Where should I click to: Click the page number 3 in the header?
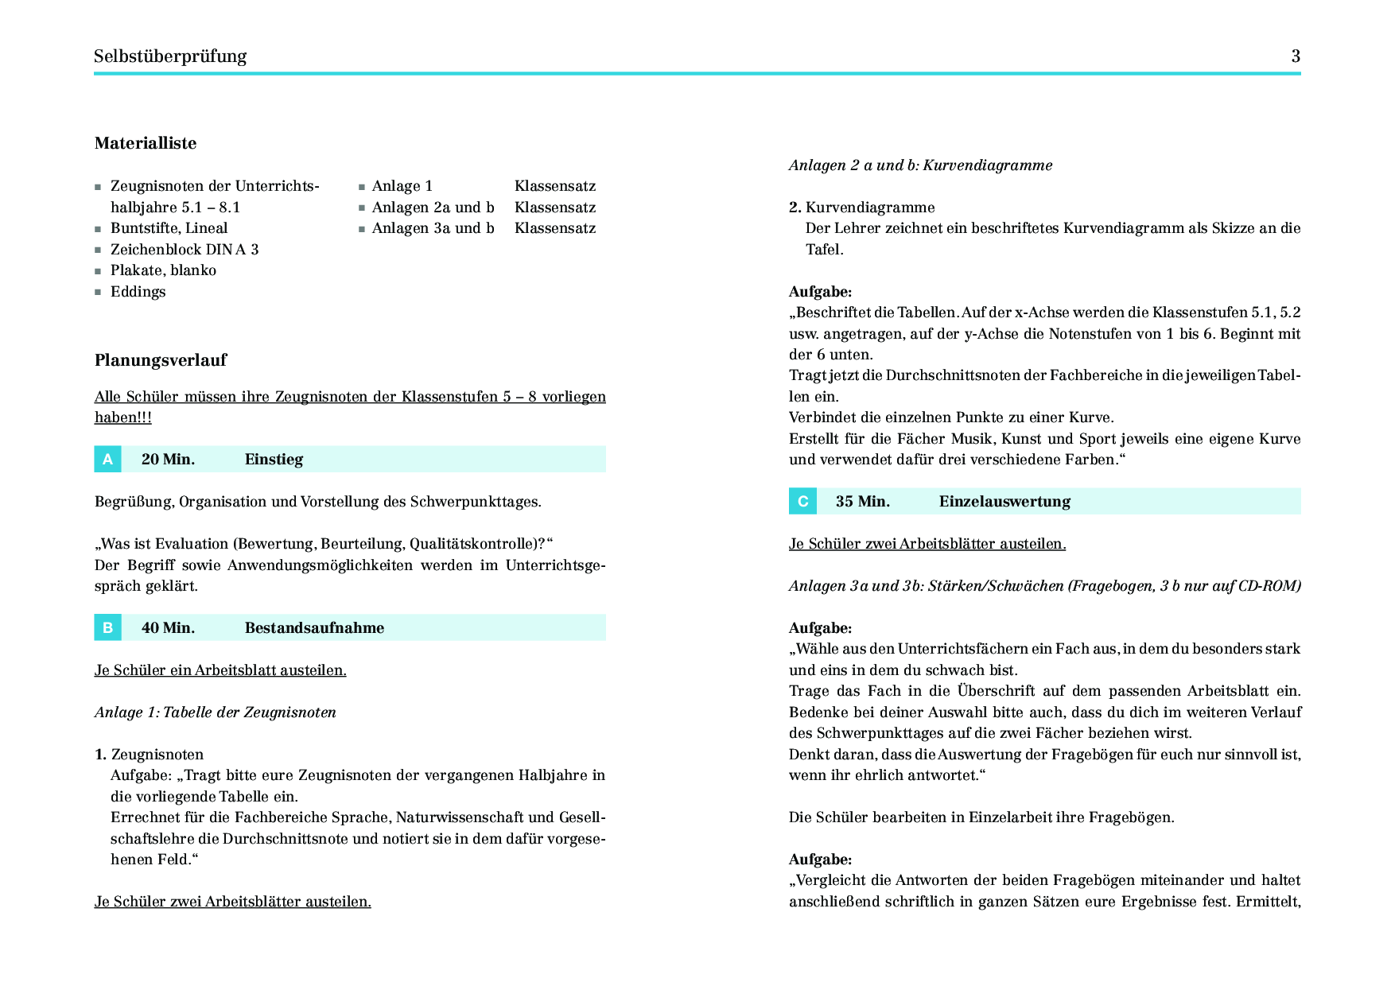[1296, 56]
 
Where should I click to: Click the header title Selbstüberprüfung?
[170, 56]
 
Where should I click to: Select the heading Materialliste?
[146, 143]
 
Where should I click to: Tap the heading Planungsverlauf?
[161, 360]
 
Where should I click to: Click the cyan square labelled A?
[107, 459]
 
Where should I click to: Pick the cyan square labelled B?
[107, 627]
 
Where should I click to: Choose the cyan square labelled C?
[802, 501]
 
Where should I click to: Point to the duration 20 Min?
[168, 459]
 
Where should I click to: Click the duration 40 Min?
[168, 627]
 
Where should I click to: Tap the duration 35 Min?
[862, 501]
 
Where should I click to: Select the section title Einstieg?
[274, 459]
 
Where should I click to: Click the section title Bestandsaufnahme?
[314, 627]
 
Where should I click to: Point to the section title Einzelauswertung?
[1004, 501]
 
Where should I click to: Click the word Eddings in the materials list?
[138, 292]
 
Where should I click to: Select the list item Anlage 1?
[402, 186]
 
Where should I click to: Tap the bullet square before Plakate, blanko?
[98, 271]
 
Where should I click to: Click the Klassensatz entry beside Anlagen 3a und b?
[555, 228]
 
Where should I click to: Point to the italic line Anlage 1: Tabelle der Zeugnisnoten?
[216, 712]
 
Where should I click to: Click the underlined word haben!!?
[123, 417]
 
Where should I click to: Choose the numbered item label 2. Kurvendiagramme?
[862, 208]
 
